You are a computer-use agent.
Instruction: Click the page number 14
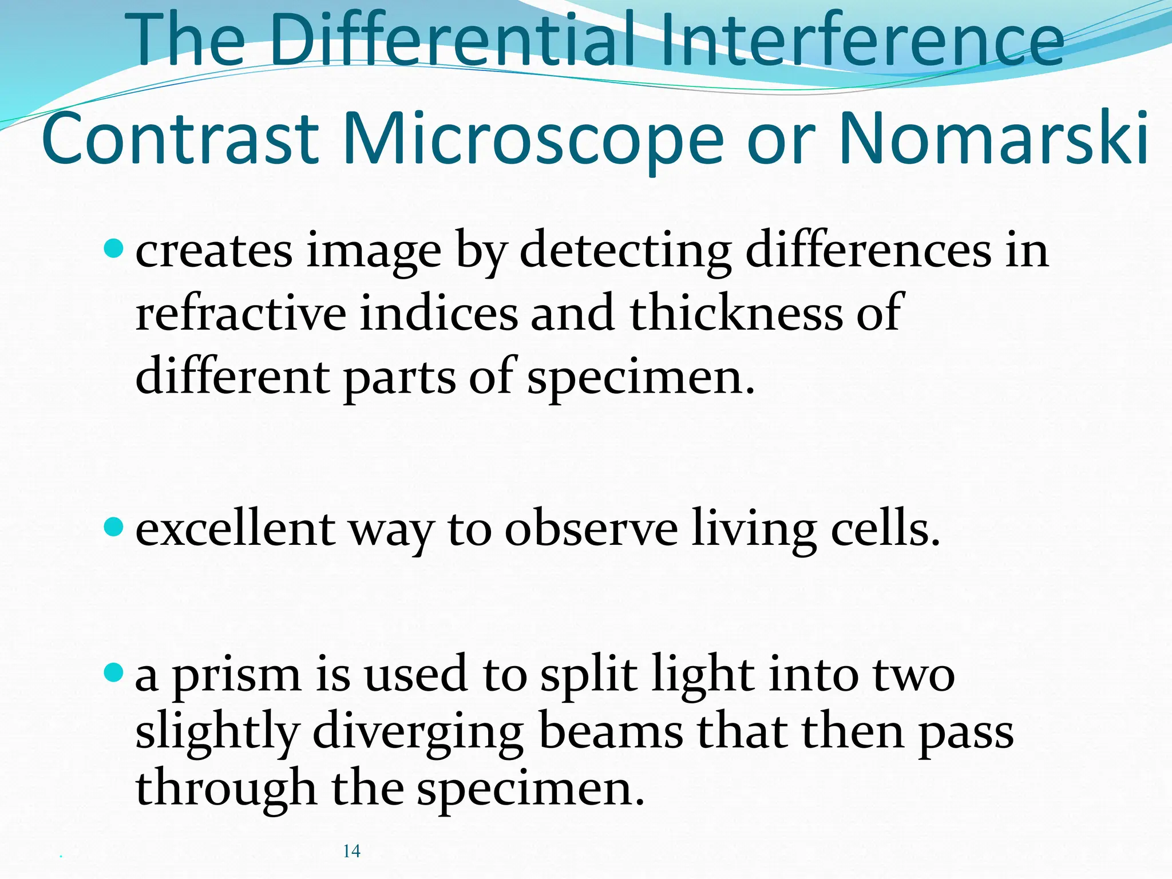tap(351, 851)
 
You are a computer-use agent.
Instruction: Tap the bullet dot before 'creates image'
tap(114, 249)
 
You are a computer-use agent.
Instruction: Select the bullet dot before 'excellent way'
tap(114, 526)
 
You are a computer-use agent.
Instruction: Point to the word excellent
tap(235, 529)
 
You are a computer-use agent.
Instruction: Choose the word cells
tap(885, 529)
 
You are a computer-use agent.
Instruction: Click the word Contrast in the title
tap(180, 139)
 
